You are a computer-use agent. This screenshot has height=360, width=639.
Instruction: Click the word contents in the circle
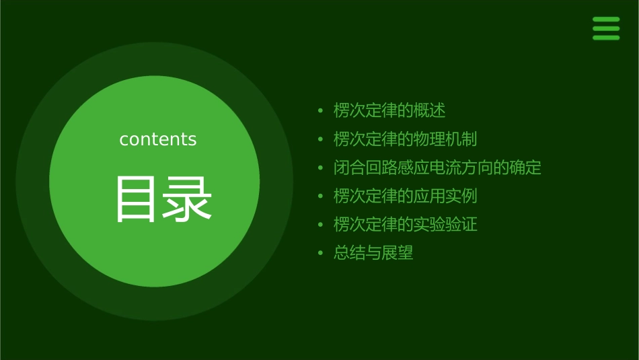pos(158,139)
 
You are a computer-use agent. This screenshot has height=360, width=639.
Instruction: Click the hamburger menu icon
pos(606,29)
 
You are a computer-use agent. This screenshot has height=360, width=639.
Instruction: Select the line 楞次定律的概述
pos(389,110)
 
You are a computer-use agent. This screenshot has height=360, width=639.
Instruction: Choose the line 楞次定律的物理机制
pos(405,139)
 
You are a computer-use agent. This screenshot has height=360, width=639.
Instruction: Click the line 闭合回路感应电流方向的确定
pos(437,168)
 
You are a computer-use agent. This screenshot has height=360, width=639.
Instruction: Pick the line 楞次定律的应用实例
pos(405,196)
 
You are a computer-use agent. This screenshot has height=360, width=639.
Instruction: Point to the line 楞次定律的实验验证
pos(405,225)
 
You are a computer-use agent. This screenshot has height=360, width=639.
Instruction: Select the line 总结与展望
pos(373,254)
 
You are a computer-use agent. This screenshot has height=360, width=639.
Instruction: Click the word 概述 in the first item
pos(430,110)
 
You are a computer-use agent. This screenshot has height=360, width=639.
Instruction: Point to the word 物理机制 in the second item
pos(445,139)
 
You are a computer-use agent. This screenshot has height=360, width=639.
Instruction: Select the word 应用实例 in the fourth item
pos(445,196)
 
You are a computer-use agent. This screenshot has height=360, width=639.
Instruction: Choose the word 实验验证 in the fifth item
pos(445,225)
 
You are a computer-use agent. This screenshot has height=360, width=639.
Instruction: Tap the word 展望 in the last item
pos(398,254)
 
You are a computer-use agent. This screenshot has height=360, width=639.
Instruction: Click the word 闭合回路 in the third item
pos(366,168)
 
